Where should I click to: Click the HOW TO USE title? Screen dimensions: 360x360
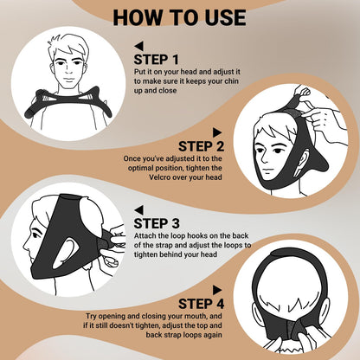click(179, 17)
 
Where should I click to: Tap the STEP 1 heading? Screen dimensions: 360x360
click(156, 60)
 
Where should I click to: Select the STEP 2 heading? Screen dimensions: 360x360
click(201, 146)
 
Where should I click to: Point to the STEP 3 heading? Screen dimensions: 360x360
click(157, 223)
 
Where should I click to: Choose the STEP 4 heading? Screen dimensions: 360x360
click(201, 304)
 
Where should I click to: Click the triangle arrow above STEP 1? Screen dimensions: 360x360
click(138, 46)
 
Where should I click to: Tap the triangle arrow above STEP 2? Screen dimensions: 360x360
click(217, 132)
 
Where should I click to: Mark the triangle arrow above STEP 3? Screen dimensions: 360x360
click(138, 210)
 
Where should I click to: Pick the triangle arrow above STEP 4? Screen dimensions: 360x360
click(217, 290)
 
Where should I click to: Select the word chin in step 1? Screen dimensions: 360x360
click(232, 81)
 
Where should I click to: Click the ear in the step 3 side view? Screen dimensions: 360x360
click(67, 248)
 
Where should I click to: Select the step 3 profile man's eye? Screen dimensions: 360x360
click(36, 235)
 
